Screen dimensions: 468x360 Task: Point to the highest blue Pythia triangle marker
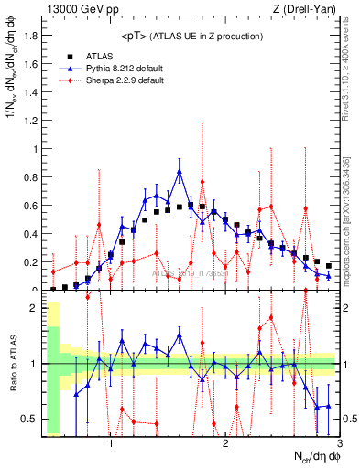coord(180,171)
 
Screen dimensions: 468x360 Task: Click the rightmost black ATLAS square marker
coord(329,266)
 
